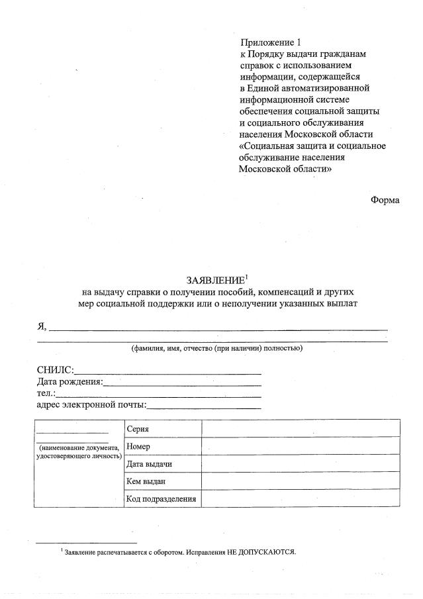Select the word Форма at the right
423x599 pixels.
(385, 200)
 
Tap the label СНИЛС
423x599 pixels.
(55, 370)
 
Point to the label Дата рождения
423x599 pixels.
(70, 382)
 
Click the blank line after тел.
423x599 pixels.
(159, 396)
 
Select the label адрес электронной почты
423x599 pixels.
(91, 405)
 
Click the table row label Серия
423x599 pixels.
(137, 429)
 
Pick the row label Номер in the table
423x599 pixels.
(138, 447)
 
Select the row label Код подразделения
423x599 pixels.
(161, 499)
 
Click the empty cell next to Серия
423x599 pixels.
(301, 428)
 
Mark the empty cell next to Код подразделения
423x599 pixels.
(301, 498)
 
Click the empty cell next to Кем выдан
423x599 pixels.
(301, 481)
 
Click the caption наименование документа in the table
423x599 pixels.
(79, 447)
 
